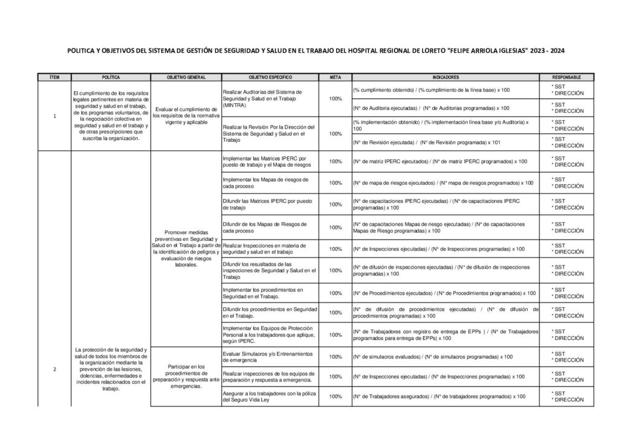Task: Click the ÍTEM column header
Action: [x=54, y=77]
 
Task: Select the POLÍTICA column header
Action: [x=111, y=77]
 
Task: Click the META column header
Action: [x=334, y=77]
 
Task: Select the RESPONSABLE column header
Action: [x=567, y=77]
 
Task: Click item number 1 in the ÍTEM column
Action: [x=54, y=116]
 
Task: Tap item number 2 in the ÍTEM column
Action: [x=54, y=369]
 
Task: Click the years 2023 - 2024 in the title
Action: [x=548, y=51]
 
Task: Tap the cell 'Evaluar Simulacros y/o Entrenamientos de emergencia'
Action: [x=270, y=356]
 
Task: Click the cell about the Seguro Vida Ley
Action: [x=270, y=397]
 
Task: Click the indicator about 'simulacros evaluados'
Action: [x=432, y=356]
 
